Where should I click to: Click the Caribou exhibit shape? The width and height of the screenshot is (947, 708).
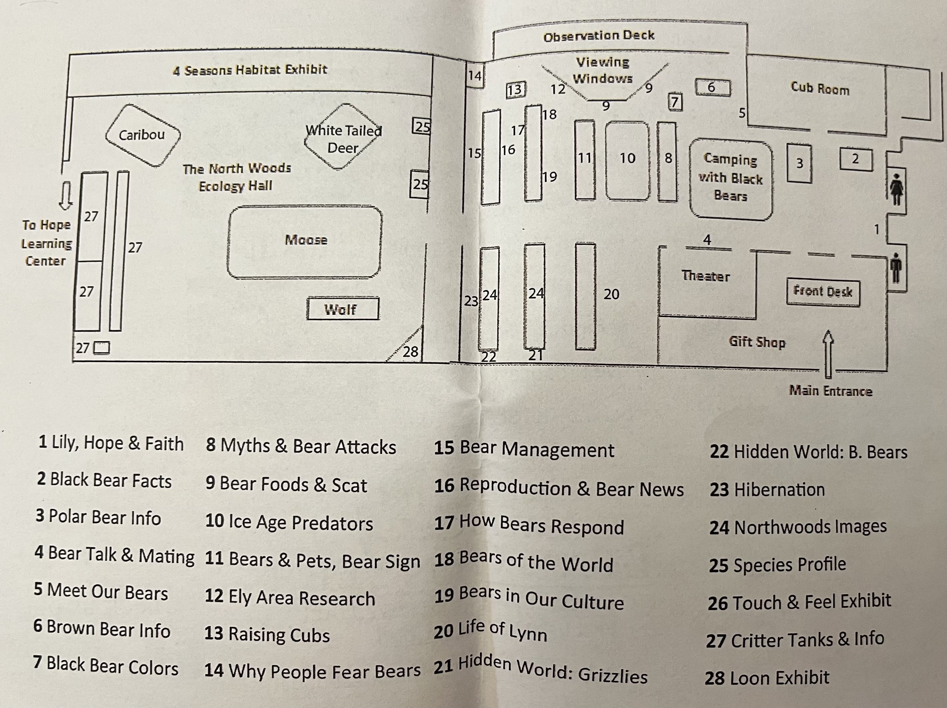(143, 135)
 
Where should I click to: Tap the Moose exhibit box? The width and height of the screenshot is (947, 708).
(305, 242)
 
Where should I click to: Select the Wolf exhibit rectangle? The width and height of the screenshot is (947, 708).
(342, 309)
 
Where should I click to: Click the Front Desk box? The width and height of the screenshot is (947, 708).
(822, 292)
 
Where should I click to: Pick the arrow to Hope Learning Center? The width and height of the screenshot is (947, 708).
(66, 196)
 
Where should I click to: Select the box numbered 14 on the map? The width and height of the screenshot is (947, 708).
(474, 76)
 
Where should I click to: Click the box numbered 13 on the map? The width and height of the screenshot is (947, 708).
(515, 90)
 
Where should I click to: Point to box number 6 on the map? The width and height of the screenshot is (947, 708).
(712, 87)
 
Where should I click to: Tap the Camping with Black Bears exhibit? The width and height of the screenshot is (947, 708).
(730, 178)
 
